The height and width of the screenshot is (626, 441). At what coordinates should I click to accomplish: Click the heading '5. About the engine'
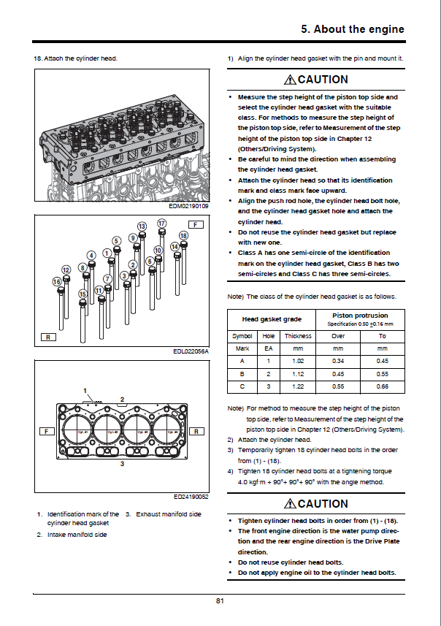353,29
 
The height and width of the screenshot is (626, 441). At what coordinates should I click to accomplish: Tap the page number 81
220,600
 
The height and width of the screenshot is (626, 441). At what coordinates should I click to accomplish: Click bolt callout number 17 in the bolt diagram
161,223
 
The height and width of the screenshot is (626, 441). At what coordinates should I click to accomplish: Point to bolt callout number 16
57,281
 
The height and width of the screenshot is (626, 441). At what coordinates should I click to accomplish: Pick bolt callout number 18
183,235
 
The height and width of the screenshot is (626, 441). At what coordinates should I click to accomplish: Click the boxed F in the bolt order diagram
195,224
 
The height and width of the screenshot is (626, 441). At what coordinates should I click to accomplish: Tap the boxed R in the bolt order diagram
48,337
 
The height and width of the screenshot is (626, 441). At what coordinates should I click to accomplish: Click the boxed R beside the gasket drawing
197,432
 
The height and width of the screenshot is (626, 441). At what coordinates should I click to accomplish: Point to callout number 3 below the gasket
122,464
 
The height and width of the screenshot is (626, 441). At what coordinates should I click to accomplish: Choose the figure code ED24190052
191,497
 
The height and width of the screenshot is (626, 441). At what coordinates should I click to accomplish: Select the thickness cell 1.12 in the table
297,373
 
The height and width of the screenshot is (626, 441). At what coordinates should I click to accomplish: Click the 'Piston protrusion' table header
360,316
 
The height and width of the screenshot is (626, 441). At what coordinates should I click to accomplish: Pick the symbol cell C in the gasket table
242,385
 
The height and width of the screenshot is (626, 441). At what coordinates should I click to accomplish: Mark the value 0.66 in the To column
382,385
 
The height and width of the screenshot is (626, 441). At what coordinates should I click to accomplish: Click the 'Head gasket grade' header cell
272,319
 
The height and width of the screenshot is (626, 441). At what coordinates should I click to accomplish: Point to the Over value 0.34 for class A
339,360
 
